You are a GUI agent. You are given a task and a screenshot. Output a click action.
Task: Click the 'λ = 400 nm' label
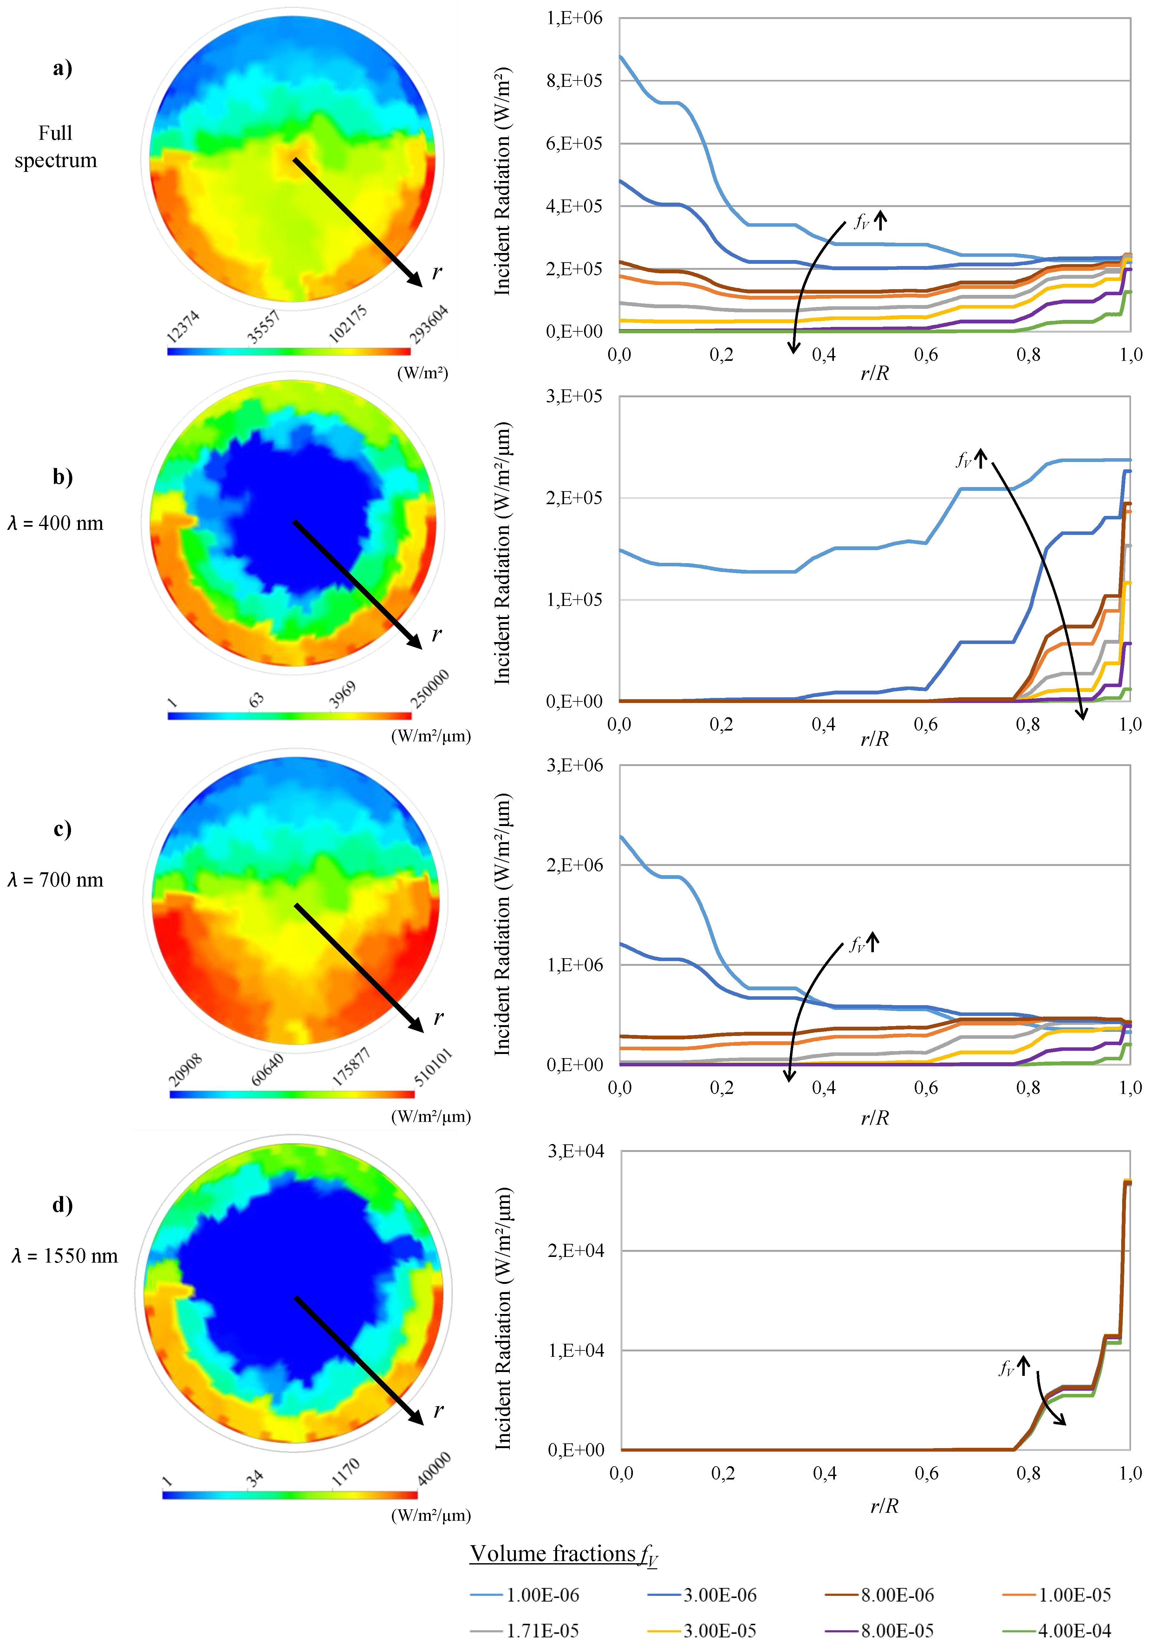click(55, 523)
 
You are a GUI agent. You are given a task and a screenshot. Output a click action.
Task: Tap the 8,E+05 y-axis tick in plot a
click(574, 81)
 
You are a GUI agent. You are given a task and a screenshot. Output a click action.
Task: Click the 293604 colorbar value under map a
click(429, 324)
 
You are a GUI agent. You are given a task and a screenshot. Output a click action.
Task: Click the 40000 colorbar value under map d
click(434, 1468)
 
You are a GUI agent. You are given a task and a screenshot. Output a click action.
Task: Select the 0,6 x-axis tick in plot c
click(926, 1087)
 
